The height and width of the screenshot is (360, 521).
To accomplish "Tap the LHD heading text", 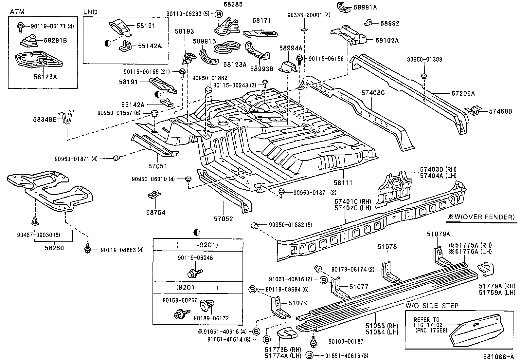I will click(90, 12).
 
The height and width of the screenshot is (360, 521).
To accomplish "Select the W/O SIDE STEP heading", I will click(432, 306).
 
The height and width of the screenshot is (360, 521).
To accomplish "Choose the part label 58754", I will click(156, 213).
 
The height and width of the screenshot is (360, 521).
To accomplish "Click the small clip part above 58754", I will click(154, 196).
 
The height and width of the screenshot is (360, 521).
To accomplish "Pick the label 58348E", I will click(45, 119).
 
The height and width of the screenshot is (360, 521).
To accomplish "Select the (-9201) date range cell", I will click(197, 245).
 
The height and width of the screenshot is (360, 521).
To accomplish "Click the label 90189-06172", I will click(211, 318).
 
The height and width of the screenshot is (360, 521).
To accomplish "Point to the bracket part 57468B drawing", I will click(474, 110).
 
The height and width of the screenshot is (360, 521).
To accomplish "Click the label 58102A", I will click(387, 40).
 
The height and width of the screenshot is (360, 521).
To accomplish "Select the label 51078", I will click(387, 247).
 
